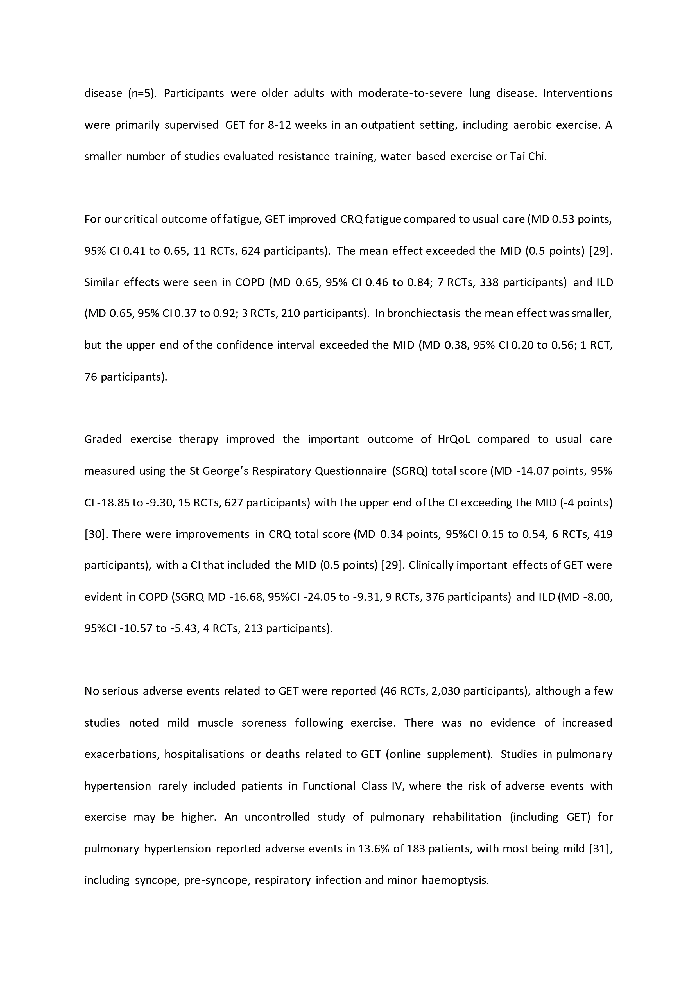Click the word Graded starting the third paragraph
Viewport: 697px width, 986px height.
tap(103, 439)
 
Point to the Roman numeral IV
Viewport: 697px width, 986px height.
tap(397, 786)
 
